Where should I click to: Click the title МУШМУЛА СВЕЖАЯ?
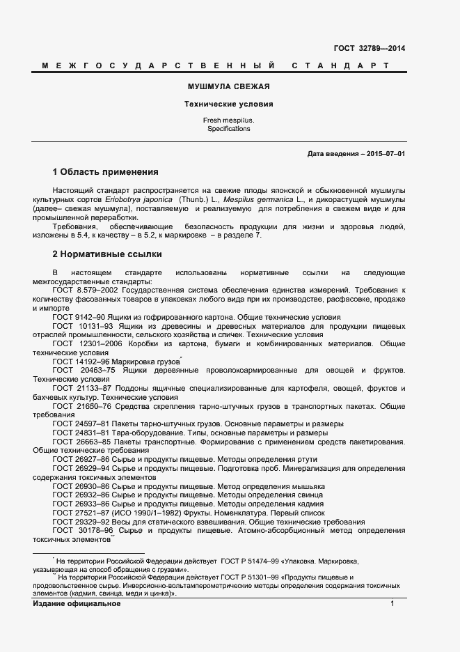pos(228,87)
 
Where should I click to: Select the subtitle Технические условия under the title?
pos(228,104)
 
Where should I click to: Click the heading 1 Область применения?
pos(106,171)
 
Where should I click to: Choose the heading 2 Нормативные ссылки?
pos(107,254)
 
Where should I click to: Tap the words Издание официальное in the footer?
pos(77,604)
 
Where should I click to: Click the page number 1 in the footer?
pos(392,604)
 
